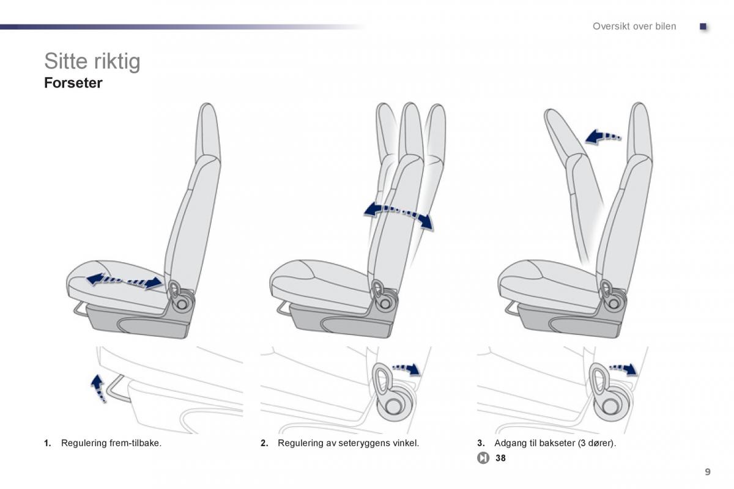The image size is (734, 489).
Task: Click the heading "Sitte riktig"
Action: click(x=92, y=61)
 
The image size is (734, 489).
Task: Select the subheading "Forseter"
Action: click(x=73, y=83)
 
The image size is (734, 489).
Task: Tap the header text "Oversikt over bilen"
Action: click(x=634, y=26)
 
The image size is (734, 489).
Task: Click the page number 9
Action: click(x=707, y=471)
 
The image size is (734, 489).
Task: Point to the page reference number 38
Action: click(x=501, y=458)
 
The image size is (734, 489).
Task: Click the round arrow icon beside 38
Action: click(x=483, y=458)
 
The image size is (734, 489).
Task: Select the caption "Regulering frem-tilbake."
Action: click(x=111, y=443)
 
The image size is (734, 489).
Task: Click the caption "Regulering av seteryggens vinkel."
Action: click(x=348, y=443)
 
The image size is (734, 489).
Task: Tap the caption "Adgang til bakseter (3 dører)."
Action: click(x=555, y=443)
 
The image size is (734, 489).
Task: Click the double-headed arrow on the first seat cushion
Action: click(x=125, y=281)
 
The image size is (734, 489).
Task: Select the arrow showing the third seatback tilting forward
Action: click(x=602, y=136)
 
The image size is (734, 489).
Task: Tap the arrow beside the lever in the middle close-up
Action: click(x=407, y=368)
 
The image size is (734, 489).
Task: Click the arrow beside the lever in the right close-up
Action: click(x=624, y=368)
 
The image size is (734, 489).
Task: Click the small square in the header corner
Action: click(x=703, y=26)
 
